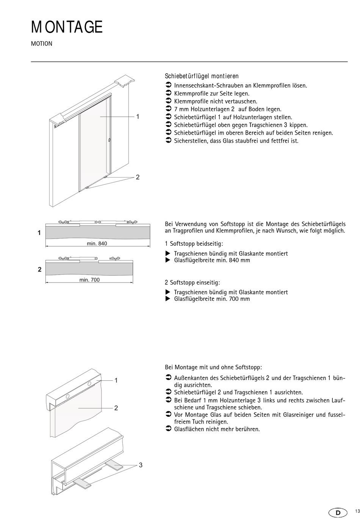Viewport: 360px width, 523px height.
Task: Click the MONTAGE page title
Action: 67,27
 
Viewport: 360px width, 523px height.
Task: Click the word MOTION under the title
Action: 42,44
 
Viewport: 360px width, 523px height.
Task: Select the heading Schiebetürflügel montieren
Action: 202,76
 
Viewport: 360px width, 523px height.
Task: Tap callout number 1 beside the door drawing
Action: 138,117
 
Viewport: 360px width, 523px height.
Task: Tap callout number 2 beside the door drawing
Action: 138,177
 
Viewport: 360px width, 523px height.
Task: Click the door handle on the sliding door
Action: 110,140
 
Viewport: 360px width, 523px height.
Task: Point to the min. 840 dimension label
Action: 97,243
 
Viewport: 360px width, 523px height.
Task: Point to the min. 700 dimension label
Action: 89,280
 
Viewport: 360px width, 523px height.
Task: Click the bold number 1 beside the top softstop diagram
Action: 39,233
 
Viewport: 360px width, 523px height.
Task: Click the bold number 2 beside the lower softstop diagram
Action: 39,270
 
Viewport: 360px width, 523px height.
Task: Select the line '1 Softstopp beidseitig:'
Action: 194,244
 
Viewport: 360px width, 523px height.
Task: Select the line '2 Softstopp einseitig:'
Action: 193,283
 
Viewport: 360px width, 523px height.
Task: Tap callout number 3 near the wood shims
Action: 141,465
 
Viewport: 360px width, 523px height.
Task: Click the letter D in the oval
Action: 338,513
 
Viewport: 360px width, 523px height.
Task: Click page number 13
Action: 357,512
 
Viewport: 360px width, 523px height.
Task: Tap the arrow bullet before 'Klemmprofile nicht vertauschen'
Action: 169,101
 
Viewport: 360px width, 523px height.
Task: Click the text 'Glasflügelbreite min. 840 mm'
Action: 212,260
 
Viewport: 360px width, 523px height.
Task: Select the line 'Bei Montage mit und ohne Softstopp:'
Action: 213,367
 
